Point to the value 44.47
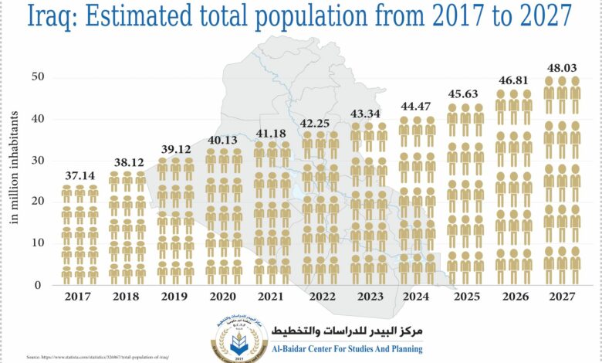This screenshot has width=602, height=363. click(x=418, y=106)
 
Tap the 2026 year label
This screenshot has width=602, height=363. click(x=515, y=296)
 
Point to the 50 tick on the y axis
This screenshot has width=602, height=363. click(x=37, y=77)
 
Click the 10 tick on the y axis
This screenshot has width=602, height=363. click(x=37, y=243)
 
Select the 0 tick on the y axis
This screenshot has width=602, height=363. click(x=40, y=284)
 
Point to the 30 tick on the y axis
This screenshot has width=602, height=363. click(x=37, y=160)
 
